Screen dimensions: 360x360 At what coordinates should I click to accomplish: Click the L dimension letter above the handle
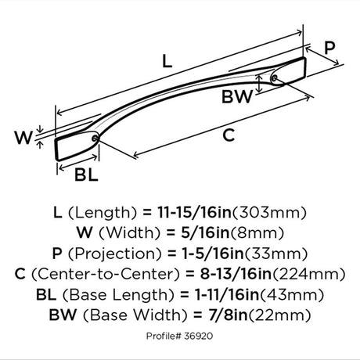[x=167, y=61]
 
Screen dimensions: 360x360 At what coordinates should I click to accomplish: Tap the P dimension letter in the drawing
[x=329, y=48]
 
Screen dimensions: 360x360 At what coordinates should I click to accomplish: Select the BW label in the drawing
[x=237, y=96]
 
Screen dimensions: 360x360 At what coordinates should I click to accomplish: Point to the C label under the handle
[x=229, y=135]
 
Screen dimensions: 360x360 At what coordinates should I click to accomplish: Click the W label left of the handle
[x=24, y=138]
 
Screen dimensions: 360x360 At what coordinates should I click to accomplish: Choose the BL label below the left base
[x=86, y=175]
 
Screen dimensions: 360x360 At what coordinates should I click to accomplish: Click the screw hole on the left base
[x=95, y=139]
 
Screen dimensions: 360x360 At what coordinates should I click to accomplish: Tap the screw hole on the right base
[x=274, y=78]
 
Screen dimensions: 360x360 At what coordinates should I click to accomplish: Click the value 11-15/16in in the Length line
[x=194, y=212]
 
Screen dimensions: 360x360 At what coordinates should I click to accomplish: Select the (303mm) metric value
[x=269, y=213]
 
